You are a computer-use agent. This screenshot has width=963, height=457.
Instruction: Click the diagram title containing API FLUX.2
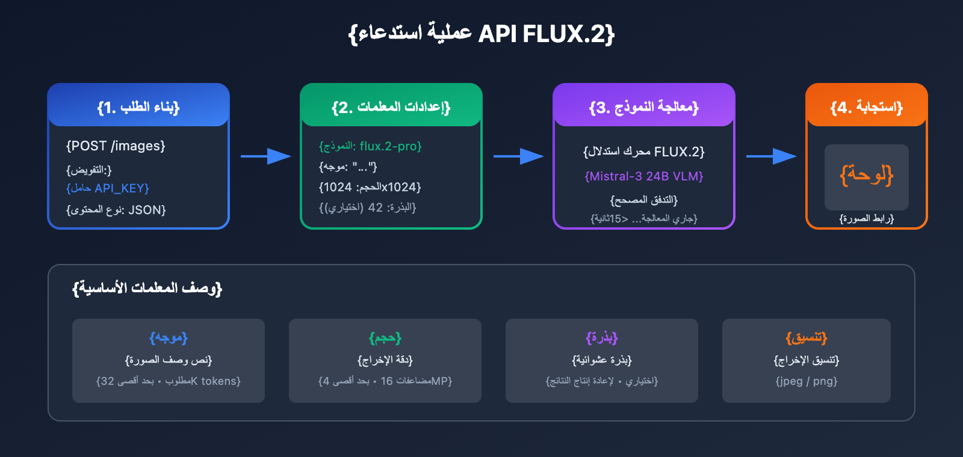point(482,34)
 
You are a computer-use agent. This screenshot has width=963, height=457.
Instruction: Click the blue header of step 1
point(138,106)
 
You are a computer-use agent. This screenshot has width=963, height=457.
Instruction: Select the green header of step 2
point(391,106)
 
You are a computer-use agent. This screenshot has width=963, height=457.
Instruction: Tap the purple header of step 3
point(644,106)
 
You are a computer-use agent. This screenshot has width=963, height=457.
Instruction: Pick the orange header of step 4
point(867,106)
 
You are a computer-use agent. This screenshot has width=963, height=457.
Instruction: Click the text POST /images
point(116,146)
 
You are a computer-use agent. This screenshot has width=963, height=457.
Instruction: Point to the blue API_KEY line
point(108,188)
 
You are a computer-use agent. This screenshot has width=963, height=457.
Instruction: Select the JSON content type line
point(116,210)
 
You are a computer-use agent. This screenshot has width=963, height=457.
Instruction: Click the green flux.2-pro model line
point(370,146)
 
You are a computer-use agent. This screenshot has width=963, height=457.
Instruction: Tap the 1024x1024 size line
point(370,187)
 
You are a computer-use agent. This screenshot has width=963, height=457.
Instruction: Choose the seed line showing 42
point(368,207)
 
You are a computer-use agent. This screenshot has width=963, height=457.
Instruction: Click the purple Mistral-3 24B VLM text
point(644,176)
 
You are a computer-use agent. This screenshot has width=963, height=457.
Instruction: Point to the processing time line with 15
point(644,218)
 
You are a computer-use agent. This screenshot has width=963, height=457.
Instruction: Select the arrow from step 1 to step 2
point(265,156)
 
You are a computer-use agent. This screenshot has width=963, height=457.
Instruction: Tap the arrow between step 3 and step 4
point(771,156)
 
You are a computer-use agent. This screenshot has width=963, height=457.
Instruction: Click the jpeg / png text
point(807,381)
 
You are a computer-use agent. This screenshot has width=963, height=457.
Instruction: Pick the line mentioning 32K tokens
point(169,381)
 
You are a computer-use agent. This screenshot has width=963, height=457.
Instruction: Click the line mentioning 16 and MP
point(385,381)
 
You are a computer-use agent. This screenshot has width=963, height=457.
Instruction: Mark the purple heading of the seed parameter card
point(602,338)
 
